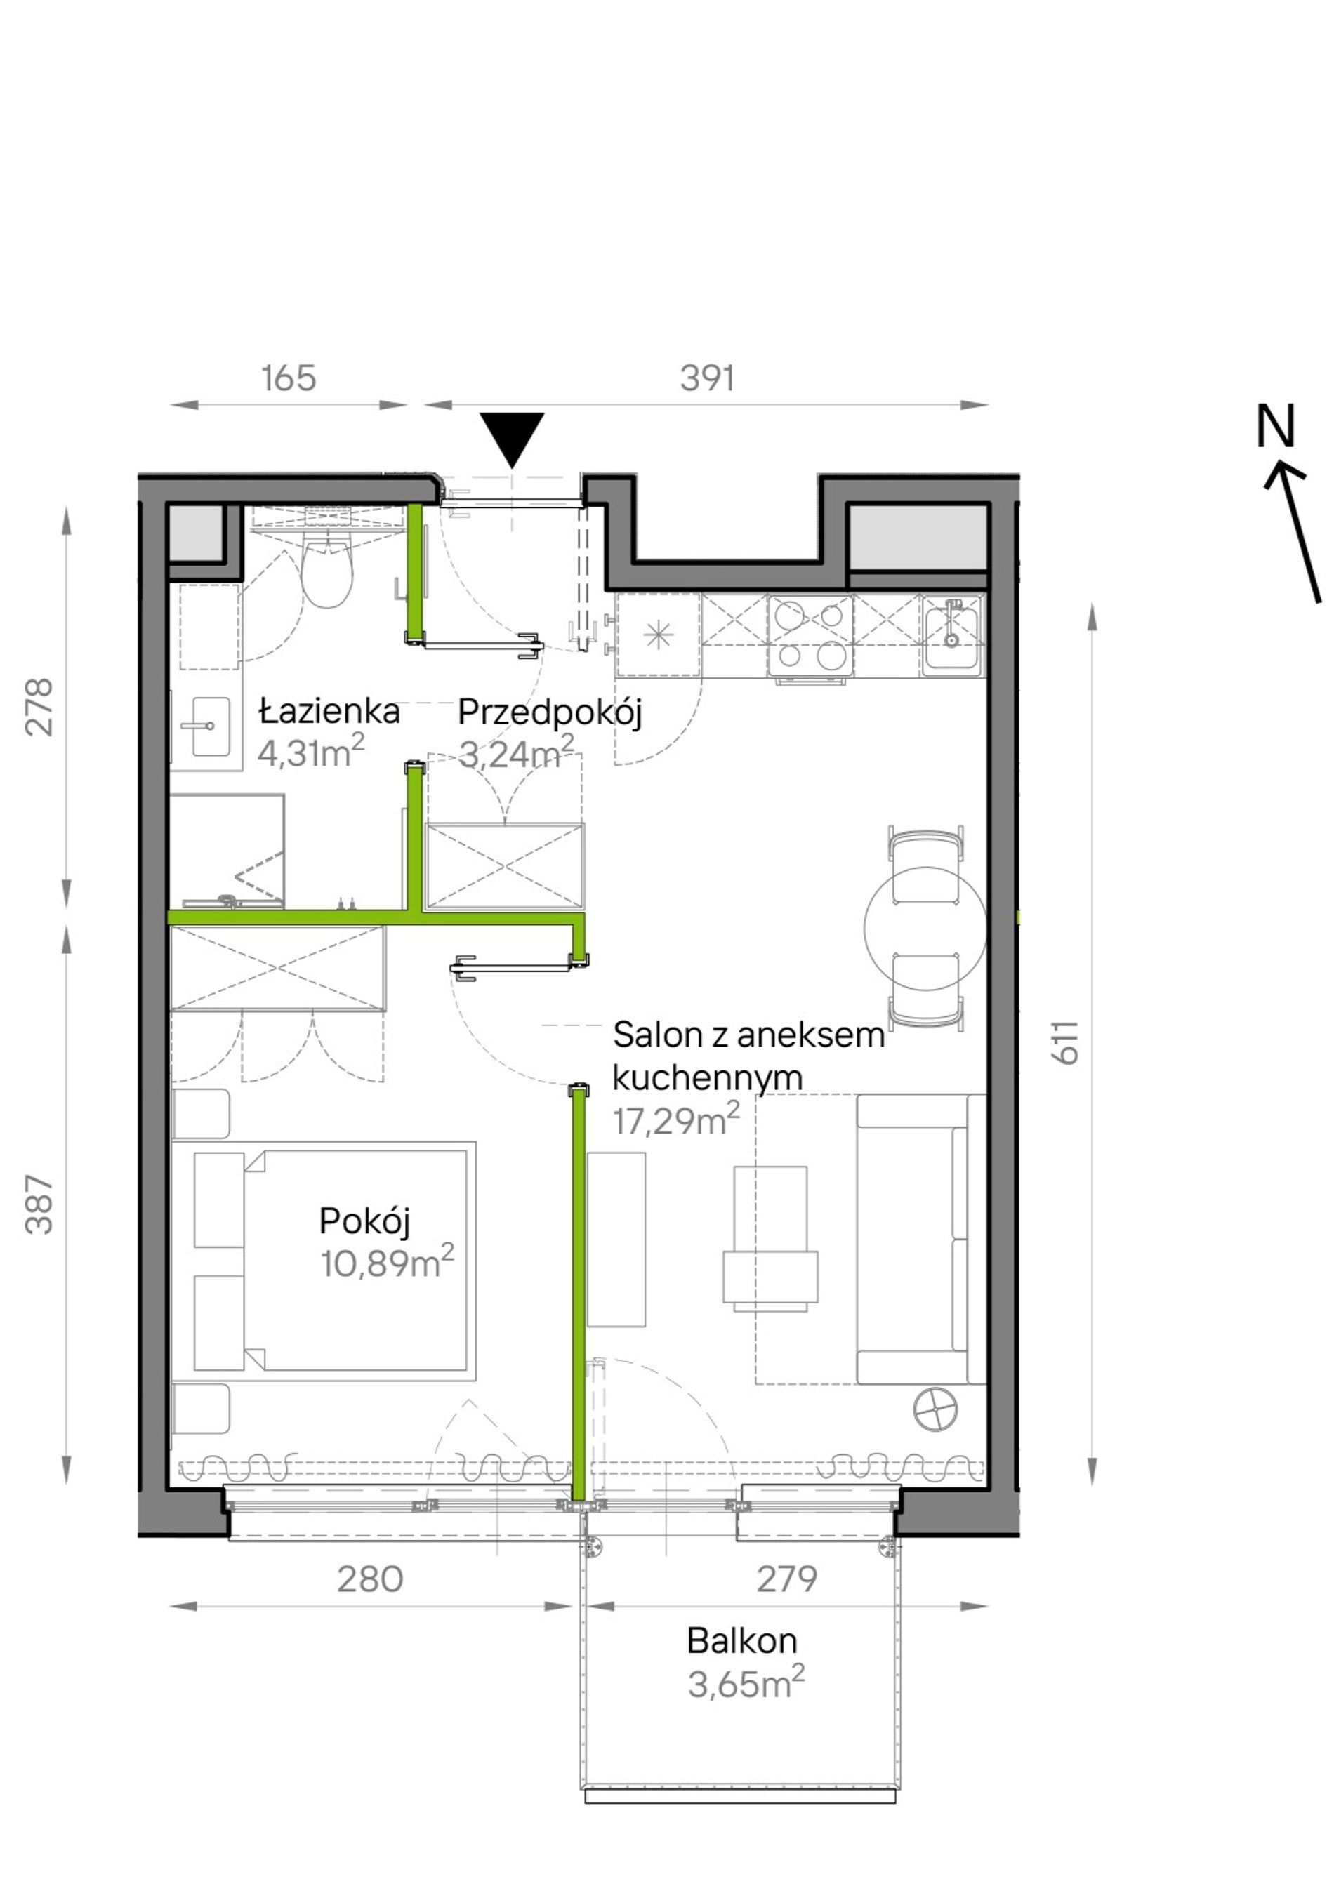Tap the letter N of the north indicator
click(1276, 425)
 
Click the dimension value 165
click(289, 379)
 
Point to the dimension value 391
click(707, 379)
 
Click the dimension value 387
click(39, 1205)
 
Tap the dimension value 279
click(787, 1579)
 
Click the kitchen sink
click(951, 635)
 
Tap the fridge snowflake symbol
click(658, 635)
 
